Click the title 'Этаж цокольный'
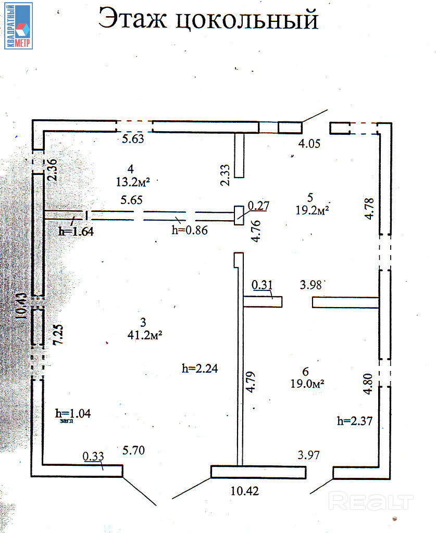click(208, 20)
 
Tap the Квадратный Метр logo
click(19, 26)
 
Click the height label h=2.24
click(200, 369)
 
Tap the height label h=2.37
click(355, 421)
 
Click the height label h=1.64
click(76, 232)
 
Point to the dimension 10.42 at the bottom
click(244, 490)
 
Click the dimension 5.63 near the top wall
click(133, 138)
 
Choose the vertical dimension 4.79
click(250, 382)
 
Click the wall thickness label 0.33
click(94, 456)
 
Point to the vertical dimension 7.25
click(59, 332)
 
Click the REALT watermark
click(372, 502)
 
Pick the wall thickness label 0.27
click(258, 206)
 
